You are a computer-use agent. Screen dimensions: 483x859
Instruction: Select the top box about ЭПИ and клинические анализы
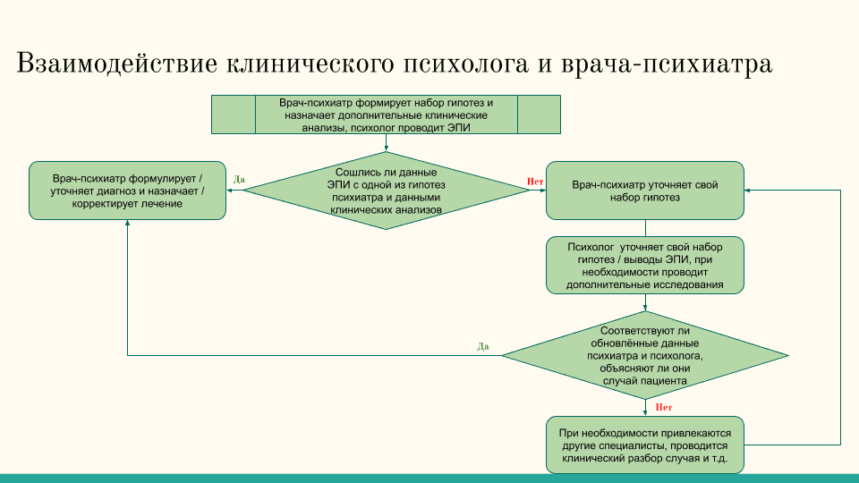pos(387,114)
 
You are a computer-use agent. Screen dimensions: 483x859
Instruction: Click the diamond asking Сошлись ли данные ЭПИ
pos(387,190)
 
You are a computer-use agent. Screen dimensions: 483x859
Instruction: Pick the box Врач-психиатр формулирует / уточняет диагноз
pos(127,191)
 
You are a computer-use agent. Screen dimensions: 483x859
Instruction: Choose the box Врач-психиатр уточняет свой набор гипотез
pos(644,191)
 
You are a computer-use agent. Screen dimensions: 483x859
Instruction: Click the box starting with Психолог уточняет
pos(644,266)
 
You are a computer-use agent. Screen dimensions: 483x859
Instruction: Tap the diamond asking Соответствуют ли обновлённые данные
pos(644,355)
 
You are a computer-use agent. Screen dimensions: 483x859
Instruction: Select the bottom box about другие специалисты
pos(644,445)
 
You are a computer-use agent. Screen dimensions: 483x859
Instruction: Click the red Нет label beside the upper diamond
pos(535,182)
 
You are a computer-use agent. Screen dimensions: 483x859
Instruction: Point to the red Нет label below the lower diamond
pos(664,407)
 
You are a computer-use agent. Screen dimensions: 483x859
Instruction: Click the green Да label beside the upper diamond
pos(239,180)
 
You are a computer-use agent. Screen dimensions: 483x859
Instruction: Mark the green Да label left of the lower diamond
pos(483,346)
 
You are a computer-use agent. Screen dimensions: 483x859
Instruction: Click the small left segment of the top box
pos(233,114)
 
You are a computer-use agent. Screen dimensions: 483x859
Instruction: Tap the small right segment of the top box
pos(539,114)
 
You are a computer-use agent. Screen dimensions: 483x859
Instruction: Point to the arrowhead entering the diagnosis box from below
pos(127,225)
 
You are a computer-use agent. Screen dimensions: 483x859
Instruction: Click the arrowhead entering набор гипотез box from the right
pos(748,190)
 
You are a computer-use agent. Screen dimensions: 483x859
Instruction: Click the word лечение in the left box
pos(163,204)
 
